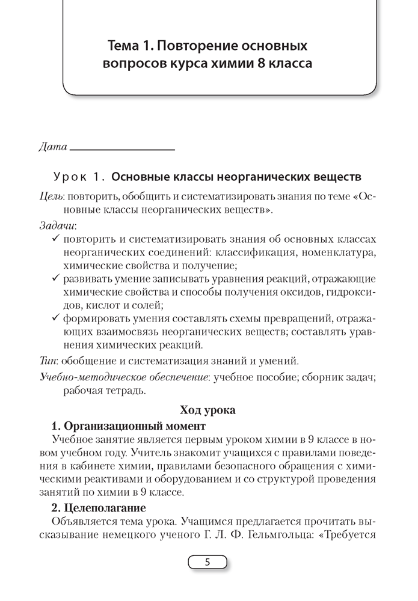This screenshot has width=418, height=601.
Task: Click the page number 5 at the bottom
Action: click(207, 563)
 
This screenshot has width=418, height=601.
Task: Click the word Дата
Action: click(52, 147)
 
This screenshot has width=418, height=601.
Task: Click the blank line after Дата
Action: click(122, 148)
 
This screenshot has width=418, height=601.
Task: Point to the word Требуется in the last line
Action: click(352, 534)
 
